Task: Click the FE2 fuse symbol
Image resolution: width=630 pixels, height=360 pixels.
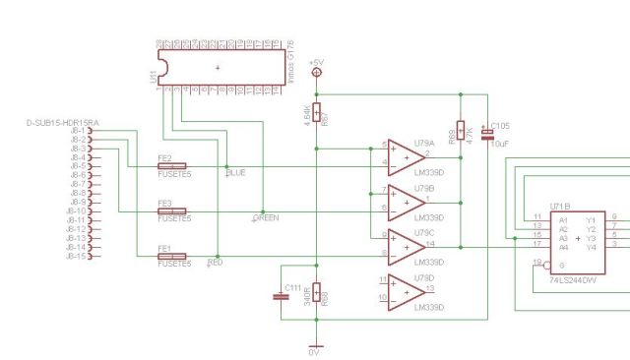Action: (171, 166)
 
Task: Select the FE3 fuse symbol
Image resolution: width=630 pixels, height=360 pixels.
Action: (171, 210)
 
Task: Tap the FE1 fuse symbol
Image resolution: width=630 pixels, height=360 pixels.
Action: (171, 256)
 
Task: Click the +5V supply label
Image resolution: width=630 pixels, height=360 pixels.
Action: (316, 63)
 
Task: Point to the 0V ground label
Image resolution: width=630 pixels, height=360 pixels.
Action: (315, 351)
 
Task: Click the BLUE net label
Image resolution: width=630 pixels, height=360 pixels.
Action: (236, 173)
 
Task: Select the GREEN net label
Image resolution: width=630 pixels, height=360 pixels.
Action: (266, 217)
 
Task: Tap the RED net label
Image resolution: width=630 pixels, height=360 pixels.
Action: (215, 264)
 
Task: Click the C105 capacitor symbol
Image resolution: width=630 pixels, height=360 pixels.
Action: (486, 132)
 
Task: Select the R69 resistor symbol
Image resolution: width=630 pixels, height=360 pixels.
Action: (460, 132)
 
